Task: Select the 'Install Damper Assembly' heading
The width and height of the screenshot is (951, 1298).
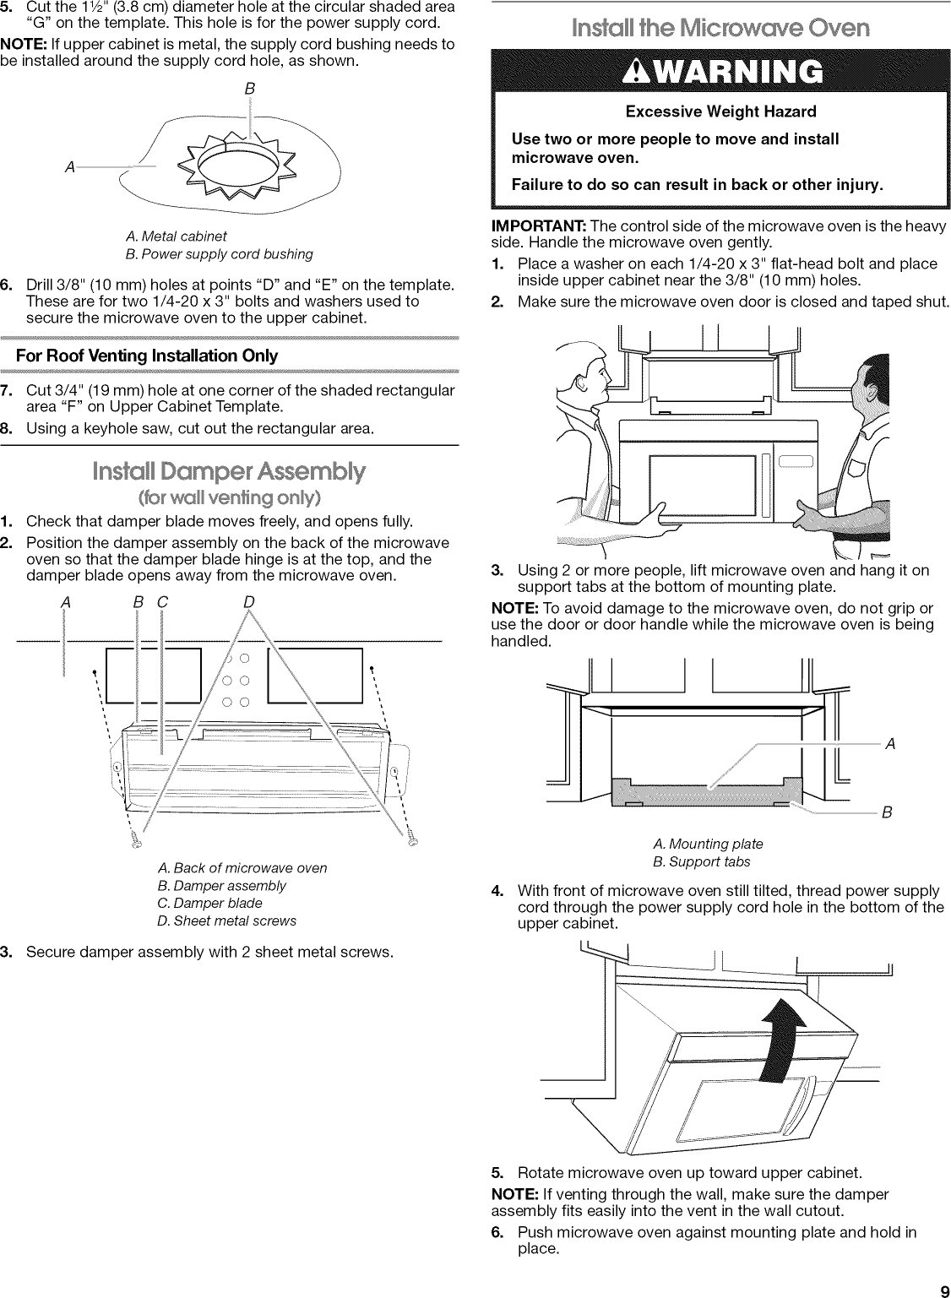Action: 229,470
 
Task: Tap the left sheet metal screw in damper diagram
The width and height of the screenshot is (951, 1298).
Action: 137,839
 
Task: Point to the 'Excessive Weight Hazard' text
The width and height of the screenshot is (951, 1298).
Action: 720,111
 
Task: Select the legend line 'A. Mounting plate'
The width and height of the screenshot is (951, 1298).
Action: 708,844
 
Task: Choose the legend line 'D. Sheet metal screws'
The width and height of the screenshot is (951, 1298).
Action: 226,921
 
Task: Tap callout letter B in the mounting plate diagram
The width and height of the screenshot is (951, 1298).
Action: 887,812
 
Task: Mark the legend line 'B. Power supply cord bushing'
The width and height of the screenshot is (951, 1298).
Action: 219,254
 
